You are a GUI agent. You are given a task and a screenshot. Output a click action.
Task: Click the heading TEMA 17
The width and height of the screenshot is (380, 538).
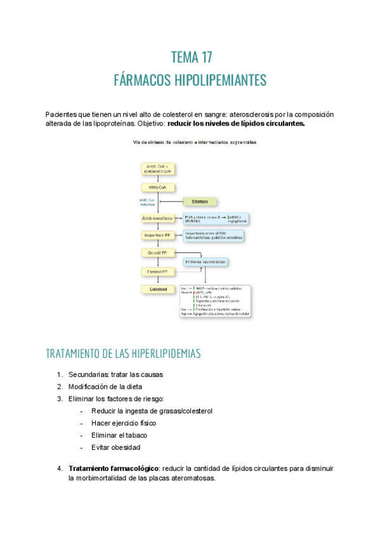tap(191, 58)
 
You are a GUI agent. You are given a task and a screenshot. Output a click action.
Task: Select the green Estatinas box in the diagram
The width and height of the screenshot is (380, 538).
tap(200, 202)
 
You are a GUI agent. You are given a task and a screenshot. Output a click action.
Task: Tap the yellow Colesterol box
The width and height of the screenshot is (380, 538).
tap(158, 289)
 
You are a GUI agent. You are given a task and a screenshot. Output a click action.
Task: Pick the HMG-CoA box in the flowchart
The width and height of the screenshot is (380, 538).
tap(158, 187)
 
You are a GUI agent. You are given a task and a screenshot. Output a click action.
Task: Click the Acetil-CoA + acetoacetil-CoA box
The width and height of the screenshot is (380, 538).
tap(158, 169)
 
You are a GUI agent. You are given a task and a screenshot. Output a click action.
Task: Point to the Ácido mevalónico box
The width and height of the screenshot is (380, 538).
tap(158, 218)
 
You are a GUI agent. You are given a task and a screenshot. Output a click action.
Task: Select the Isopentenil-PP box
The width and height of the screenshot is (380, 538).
tap(158, 235)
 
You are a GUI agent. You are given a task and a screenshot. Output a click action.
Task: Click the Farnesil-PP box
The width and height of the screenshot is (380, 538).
tap(158, 271)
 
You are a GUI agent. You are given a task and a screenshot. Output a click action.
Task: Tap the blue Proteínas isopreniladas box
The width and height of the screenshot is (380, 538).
tap(206, 261)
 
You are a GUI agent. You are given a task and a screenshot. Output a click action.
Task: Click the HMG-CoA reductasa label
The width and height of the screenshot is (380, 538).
tap(147, 202)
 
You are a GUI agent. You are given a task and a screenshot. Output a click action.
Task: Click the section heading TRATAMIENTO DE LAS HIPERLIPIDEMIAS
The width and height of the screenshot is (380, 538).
tap(123, 353)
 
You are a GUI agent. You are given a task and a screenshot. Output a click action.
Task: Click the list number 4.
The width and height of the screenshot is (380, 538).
tap(59, 468)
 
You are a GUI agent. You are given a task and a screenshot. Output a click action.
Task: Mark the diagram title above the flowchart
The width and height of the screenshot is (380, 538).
tap(195, 142)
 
